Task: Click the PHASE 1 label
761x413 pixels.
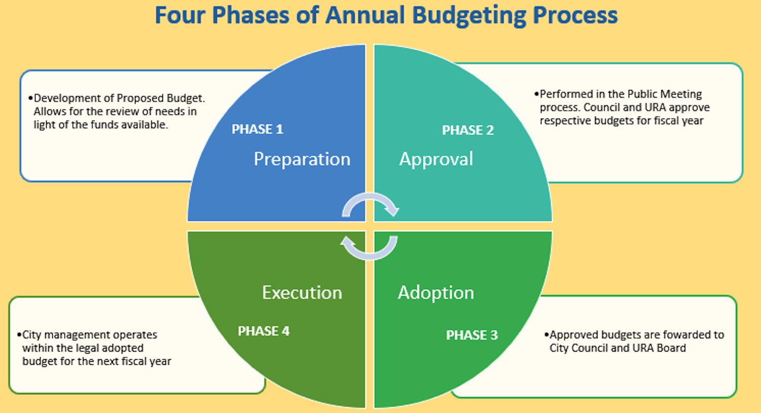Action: [257, 129]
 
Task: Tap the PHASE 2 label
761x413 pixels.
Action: [468, 130]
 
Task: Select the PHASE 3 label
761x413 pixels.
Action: [472, 335]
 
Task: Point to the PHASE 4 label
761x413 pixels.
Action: [264, 331]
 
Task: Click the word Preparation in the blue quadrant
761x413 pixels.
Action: [302, 159]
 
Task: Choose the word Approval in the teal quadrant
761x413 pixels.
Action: [436, 159]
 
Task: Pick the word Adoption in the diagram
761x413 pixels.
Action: [436, 293]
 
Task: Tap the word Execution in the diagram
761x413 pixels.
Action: [302, 293]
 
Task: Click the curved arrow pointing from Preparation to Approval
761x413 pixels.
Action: [370, 197]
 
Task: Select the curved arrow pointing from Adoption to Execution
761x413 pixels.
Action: [370, 256]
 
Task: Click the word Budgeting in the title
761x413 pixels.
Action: [469, 16]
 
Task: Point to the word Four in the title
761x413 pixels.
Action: [180, 15]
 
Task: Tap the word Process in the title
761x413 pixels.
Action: [575, 15]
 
